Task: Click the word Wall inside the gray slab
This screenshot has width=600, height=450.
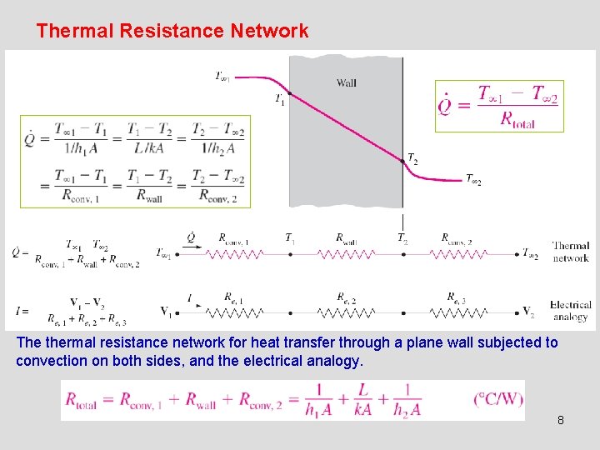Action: click(347, 82)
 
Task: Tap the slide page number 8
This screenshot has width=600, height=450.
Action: click(561, 420)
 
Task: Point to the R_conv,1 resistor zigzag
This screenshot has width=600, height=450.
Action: click(236, 253)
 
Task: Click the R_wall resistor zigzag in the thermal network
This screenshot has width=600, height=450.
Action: click(347, 253)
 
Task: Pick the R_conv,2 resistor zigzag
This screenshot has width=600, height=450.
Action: click(460, 253)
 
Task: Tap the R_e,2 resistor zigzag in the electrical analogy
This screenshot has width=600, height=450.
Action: click(347, 313)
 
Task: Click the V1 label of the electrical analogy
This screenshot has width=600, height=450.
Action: click(167, 312)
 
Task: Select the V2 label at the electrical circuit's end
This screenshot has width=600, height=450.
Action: click(528, 312)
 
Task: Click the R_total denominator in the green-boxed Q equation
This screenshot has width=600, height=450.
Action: click(517, 119)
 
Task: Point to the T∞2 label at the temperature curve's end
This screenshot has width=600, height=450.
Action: click(473, 180)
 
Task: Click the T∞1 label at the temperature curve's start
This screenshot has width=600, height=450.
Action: click(222, 77)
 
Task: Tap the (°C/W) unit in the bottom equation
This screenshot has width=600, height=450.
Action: click(498, 399)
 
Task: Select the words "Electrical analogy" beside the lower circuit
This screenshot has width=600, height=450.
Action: click(570, 311)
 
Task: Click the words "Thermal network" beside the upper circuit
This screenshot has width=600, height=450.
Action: click(571, 252)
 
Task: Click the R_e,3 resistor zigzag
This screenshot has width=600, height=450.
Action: click(460, 313)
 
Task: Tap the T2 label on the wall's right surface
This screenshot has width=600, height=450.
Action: click(412, 158)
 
